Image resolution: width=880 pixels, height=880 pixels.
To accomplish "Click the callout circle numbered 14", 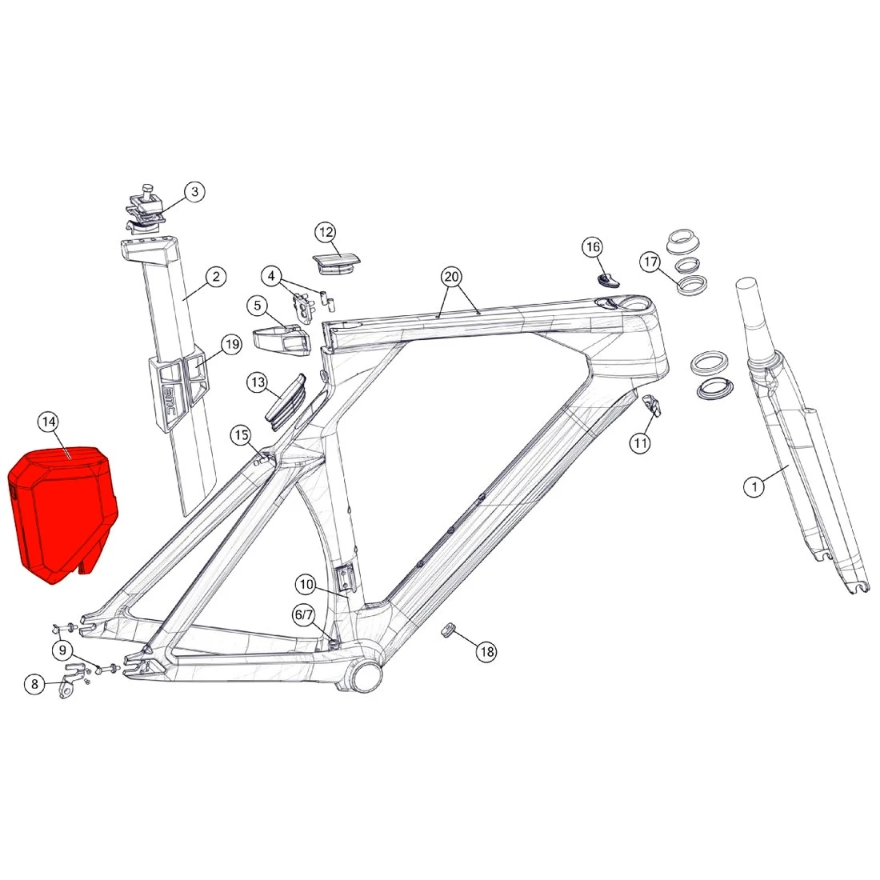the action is pos(48,422).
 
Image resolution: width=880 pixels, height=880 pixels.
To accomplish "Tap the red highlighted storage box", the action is pos(61,514).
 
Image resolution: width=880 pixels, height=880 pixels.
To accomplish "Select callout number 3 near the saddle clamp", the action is pos(194,191).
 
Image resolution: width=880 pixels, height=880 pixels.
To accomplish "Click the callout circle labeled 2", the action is pos(216,277).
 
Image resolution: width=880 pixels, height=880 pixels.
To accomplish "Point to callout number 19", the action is pos(232,344).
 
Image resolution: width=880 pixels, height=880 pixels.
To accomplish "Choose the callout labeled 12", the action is pos(326,232).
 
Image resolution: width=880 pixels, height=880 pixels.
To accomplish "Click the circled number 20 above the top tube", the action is pos(452,277).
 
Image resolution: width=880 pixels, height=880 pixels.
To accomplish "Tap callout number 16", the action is pos(594,247).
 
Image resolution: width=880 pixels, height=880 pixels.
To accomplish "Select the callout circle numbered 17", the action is pos(650,262).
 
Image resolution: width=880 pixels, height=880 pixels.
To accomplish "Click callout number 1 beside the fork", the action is pos(754,486).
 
